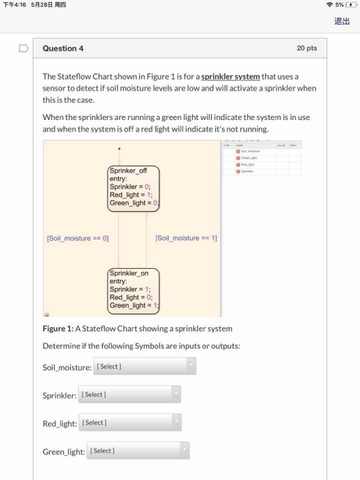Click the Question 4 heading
point(63,49)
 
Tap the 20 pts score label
point(307,49)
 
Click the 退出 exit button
point(341,21)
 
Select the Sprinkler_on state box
point(133,289)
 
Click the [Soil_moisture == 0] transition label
point(77,238)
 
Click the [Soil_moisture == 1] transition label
point(186,238)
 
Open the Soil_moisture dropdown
point(145,366)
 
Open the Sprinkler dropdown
point(129,394)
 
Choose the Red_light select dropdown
point(129,422)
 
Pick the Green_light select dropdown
point(137,451)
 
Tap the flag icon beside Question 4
point(23,49)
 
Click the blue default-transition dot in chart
point(119,147)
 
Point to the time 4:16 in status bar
point(18,5)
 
